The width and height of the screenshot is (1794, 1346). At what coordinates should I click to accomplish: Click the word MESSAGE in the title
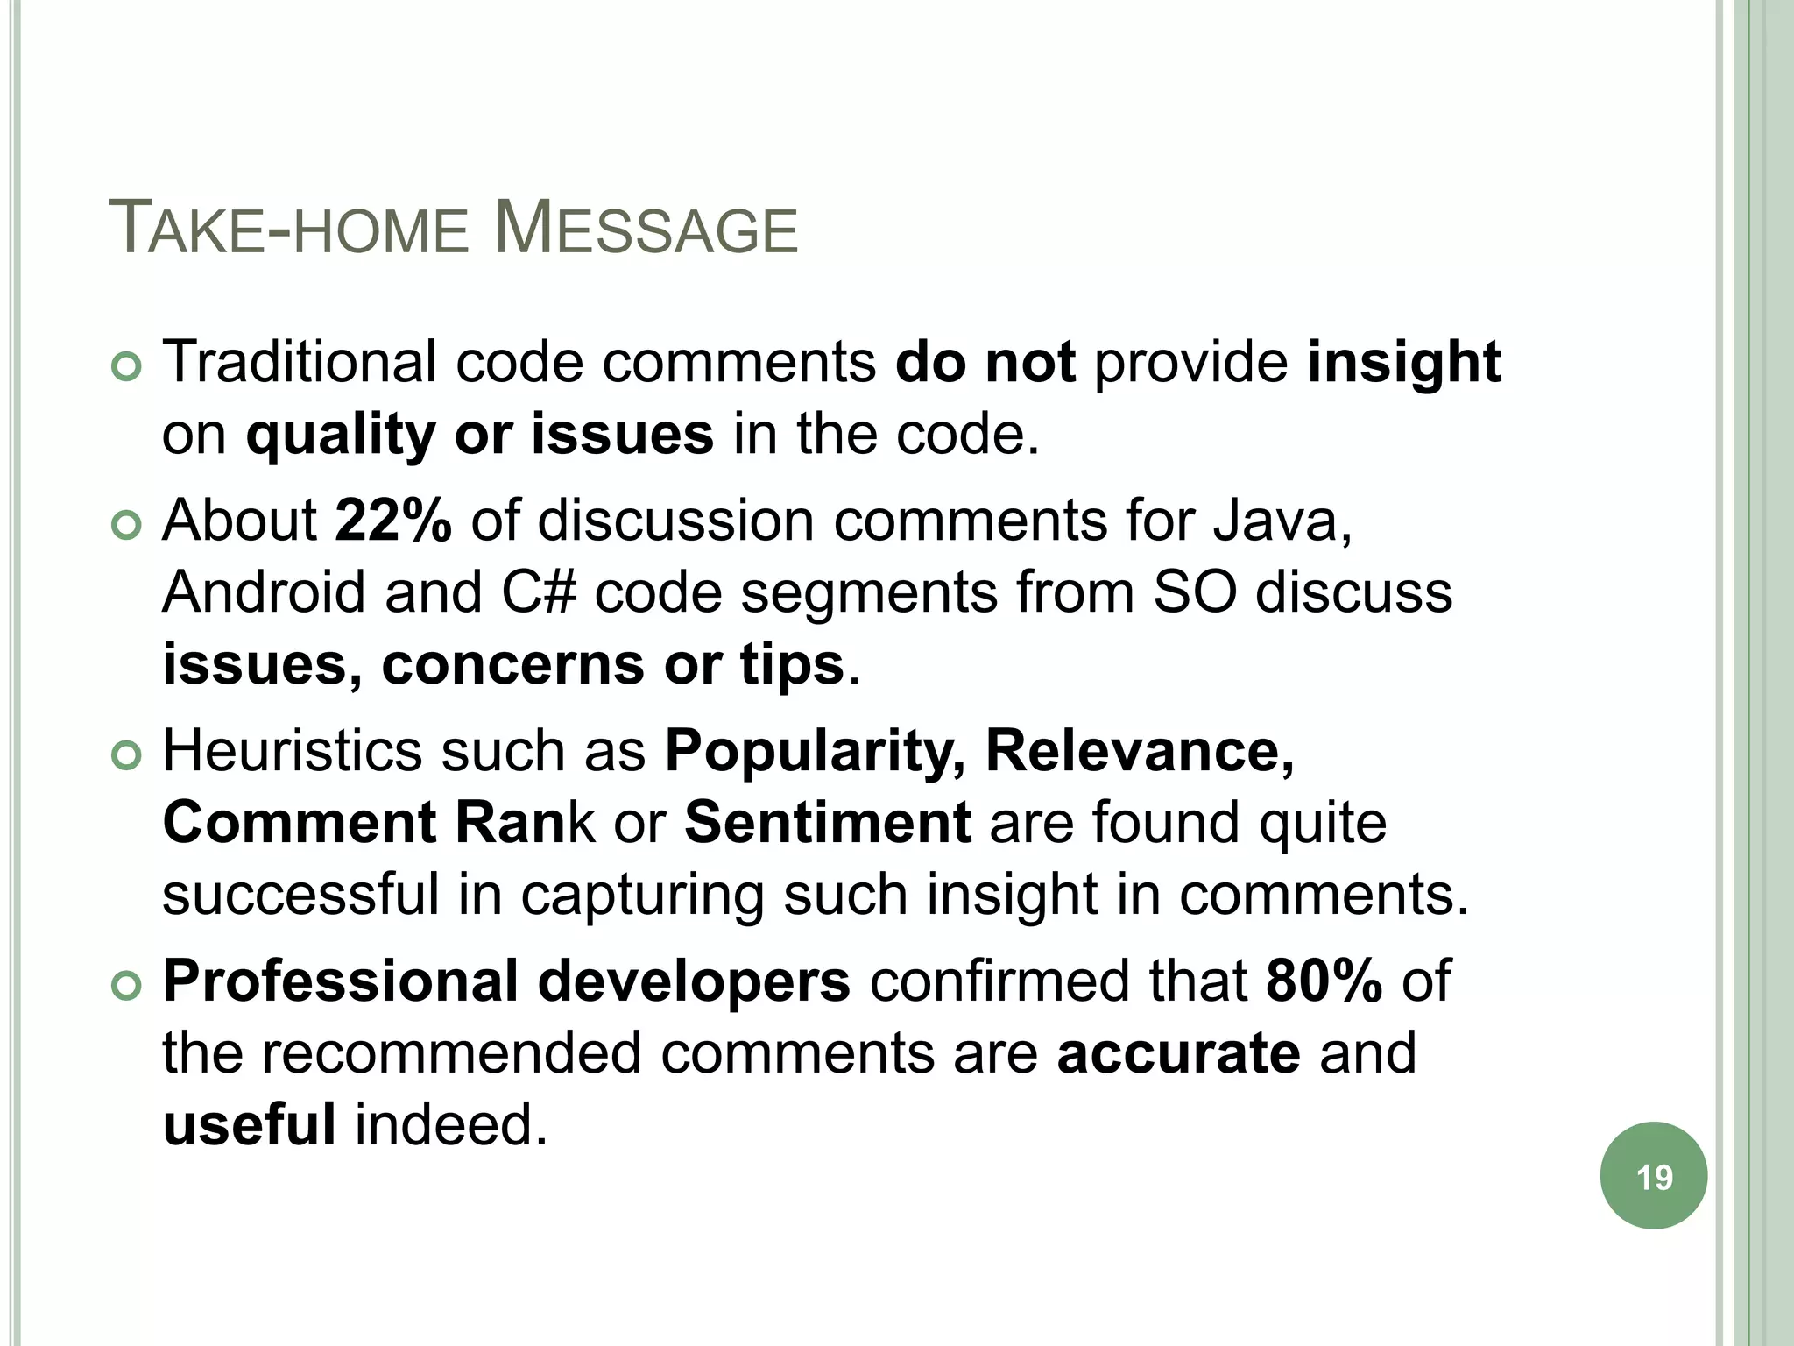click(646, 230)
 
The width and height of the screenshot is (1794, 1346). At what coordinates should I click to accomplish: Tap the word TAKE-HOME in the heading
click(288, 230)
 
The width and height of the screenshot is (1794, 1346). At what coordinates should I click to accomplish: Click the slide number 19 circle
click(1653, 1176)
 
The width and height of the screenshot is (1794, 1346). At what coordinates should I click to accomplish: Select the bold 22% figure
click(393, 521)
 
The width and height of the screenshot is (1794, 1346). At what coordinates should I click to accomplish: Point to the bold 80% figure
click(1324, 981)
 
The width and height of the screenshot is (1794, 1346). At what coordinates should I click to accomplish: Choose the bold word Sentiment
click(827, 823)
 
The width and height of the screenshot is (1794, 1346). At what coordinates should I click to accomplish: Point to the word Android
click(263, 592)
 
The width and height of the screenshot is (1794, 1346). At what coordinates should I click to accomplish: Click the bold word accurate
click(1178, 1052)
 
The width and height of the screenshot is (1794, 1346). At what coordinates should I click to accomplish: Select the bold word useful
click(249, 1124)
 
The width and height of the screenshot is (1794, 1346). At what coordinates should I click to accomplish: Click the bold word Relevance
click(1140, 752)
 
